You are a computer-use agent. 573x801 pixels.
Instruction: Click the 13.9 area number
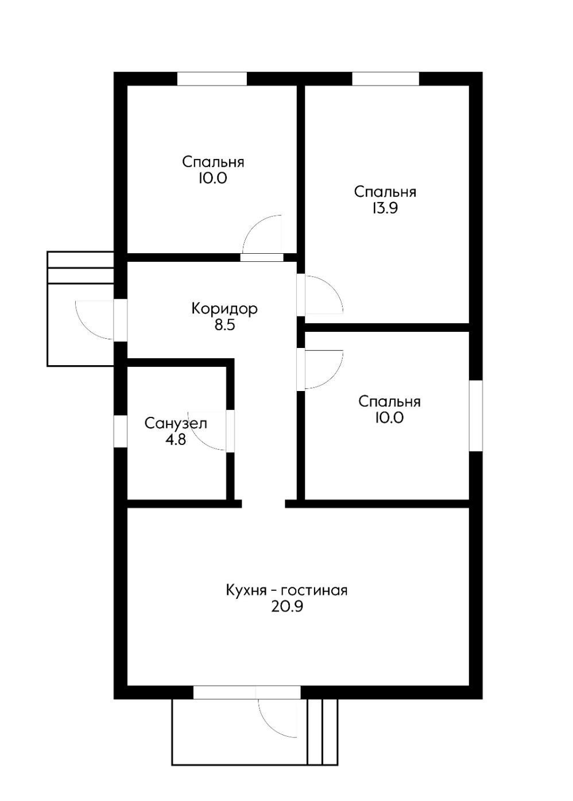tap(385, 208)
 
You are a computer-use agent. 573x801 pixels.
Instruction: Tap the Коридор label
tap(224, 308)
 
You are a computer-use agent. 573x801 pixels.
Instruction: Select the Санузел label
tap(176, 424)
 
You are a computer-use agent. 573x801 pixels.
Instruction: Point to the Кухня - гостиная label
tap(286, 590)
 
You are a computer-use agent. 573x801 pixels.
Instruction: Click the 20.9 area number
tap(286, 607)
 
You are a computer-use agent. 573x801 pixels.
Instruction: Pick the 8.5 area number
tap(224, 326)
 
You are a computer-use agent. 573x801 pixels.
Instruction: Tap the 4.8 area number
tap(176, 440)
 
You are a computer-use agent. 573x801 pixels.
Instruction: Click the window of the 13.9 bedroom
tap(385, 79)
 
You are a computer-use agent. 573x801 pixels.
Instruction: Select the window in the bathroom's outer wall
tap(121, 431)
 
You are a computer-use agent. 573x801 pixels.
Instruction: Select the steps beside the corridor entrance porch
tap(80, 268)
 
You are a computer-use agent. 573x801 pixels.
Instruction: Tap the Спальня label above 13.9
tap(385, 192)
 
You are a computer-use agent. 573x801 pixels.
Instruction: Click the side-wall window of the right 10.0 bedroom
tap(476, 416)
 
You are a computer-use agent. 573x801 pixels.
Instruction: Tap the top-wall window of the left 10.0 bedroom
tap(212, 79)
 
